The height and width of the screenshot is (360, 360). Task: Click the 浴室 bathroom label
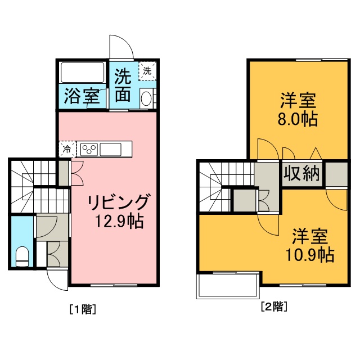[x=82, y=96]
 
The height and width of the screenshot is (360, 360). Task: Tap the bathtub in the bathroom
[x=83, y=73]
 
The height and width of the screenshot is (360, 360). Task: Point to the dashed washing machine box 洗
[x=147, y=71]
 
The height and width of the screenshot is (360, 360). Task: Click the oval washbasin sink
[x=146, y=99]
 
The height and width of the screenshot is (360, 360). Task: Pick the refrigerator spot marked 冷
[x=67, y=150]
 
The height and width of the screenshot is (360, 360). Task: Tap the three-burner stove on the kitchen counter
[x=89, y=150]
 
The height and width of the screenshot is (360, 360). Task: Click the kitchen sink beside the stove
[x=110, y=150]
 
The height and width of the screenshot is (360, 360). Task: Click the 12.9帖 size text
[x=120, y=221]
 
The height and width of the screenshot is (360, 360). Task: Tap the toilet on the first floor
[x=22, y=256]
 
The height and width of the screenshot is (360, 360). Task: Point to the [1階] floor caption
[x=83, y=309]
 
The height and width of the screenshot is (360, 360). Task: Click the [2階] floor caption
[x=274, y=306]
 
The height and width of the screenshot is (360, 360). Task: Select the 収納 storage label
[x=302, y=174]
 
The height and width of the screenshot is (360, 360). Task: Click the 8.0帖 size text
[x=298, y=119]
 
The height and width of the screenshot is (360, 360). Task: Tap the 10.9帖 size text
[x=310, y=255]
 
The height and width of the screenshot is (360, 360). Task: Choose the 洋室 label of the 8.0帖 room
[x=298, y=100]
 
